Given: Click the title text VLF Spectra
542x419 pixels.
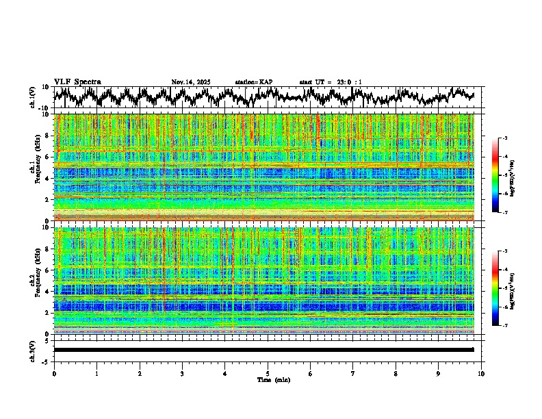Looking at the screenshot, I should click(77, 81).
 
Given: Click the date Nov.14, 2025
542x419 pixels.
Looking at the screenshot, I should click(191, 82).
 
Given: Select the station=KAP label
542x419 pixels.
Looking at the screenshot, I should click(253, 82).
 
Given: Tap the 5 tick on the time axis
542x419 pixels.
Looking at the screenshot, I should click(268, 374).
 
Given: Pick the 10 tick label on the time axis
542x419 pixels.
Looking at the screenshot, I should click(481, 374).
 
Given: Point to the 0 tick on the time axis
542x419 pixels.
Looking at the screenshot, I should click(54, 374).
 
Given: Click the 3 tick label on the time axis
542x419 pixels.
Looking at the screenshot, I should click(182, 374).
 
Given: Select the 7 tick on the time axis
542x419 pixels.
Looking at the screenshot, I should click(353, 374).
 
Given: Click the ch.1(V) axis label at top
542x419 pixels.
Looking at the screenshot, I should click(34, 97).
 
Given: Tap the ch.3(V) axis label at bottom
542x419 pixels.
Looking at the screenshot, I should click(34, 350).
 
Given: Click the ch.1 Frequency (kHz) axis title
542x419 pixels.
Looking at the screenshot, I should click(34, 169).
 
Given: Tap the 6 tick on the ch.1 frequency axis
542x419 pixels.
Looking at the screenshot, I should click(48, 157).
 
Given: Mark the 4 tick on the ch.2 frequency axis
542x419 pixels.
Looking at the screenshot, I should click(48, 291).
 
